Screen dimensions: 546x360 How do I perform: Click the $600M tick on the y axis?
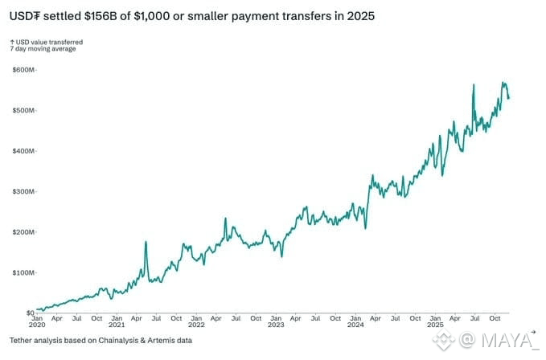[23, 70]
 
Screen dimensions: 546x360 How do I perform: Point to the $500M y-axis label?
[23, 111]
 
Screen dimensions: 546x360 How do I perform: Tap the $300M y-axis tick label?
[23, 192]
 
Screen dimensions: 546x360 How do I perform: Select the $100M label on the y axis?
[23, 272]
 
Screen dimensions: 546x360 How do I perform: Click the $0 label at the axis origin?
[31, 313]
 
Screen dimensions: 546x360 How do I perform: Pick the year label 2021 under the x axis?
[117, 325]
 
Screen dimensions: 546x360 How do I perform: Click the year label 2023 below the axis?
[276, 325]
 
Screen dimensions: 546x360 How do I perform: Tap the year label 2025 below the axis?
[435, 325]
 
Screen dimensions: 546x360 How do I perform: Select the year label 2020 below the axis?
[37, 325]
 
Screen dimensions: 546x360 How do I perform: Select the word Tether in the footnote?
[21, 340]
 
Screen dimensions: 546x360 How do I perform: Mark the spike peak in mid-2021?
[146, 241]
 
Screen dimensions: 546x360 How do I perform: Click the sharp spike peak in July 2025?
[474, 84]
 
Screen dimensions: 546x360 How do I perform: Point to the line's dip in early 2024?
[365, 228]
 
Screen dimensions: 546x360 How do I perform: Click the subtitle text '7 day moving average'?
[43, 49]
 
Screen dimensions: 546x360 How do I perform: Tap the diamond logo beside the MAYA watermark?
[444, 339]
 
